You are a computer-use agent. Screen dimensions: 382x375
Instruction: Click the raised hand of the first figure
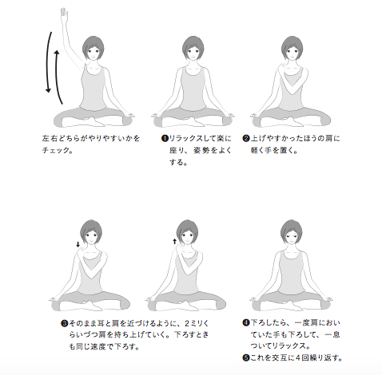(64, 14)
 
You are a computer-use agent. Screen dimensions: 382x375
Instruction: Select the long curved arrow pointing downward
(47, 62)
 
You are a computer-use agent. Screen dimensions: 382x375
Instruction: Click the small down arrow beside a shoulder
(78, 244)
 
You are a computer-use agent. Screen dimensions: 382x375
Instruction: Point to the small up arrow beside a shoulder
(174, 241)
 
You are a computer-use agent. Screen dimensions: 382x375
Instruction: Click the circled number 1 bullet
(165, 139)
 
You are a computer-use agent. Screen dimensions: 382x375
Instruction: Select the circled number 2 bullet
(246, 139)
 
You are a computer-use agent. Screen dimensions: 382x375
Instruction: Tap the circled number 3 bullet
(65, 323)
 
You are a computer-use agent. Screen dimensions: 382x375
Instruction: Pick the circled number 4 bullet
(246, 323)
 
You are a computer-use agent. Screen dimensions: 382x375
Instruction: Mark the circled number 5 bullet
(246, 357)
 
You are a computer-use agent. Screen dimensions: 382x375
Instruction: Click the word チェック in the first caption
(54, 150)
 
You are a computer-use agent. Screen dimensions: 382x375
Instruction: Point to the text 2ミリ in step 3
(194, 323)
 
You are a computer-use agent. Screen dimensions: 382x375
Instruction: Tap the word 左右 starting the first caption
(50, 139)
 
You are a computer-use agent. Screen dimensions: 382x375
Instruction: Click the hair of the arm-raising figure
(94, 45)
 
